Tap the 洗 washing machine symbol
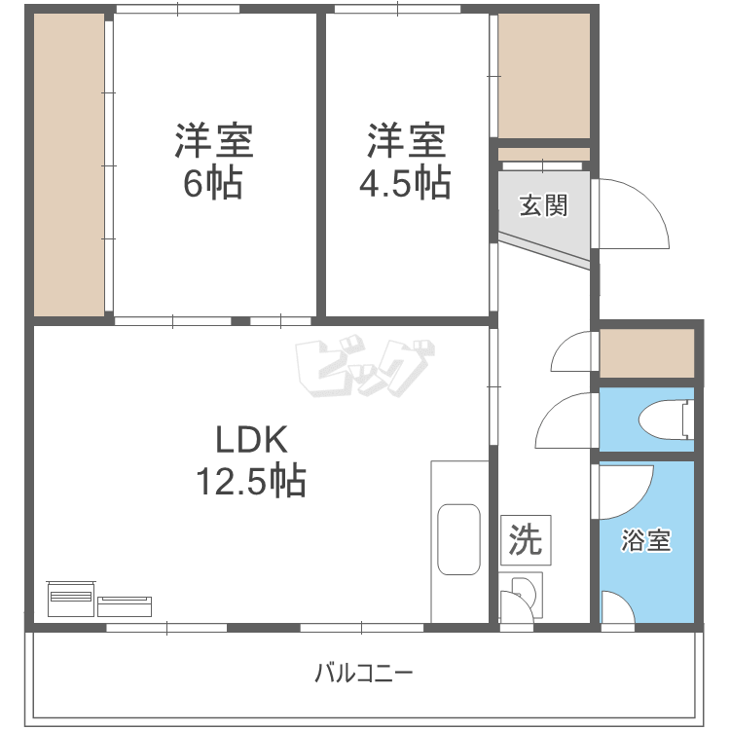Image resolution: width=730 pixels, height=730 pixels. pyautogui.click(x=527, y=539)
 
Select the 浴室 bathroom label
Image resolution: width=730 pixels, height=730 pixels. pyautogui.click(x=646, y=541)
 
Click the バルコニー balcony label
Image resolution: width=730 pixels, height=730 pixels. pyautogui.click(x=364, y=672)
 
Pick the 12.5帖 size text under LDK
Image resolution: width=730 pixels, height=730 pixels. pyautogui.click(x=252, y=480)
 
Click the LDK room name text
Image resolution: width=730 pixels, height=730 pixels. pyautogui.click(x=251, y=441)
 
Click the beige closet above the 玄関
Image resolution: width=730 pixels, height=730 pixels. pyautogui.click(x=543, y=75)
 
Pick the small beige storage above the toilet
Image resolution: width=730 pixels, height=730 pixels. pyautogui.click(x=646, y=353)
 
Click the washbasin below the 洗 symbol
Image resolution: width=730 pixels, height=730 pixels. pyautogui.click(x=522, y=591)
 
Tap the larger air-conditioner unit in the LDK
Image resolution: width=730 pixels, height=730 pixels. pyautogui.click(x=71, y=595)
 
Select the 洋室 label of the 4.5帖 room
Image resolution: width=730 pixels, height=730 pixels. pyautogui.click(x=407, y=142)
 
